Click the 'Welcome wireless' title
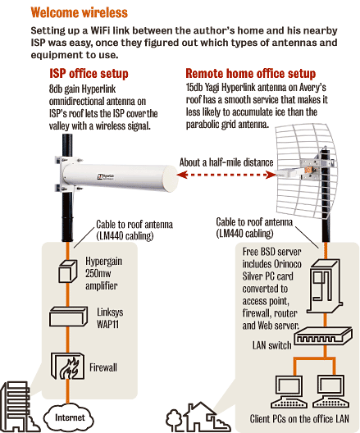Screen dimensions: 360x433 coord(79,12)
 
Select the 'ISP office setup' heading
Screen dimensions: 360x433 coord(89,74)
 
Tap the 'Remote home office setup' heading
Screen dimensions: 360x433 coord(251,74)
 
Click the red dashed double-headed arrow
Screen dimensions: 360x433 coord(226,175)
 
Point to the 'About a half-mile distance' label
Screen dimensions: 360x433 coord(226,162)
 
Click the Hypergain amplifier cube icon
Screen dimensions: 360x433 coord(67,271)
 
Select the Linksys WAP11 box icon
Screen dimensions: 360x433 coord(68,317)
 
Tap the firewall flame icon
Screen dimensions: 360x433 coord(67,366)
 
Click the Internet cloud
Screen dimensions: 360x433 coord(69,417)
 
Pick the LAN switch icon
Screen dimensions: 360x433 coord(323,336)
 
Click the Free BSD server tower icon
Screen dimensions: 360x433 coord(326,286)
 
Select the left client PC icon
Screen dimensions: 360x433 coord(289,391)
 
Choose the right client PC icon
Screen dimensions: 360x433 coord(330,391)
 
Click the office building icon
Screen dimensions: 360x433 coord(17,407)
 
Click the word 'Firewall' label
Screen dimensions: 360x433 coord(103,367)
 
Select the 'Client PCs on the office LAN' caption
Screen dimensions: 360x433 coord(299,419)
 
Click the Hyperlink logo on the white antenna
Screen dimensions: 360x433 coord(106,176)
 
